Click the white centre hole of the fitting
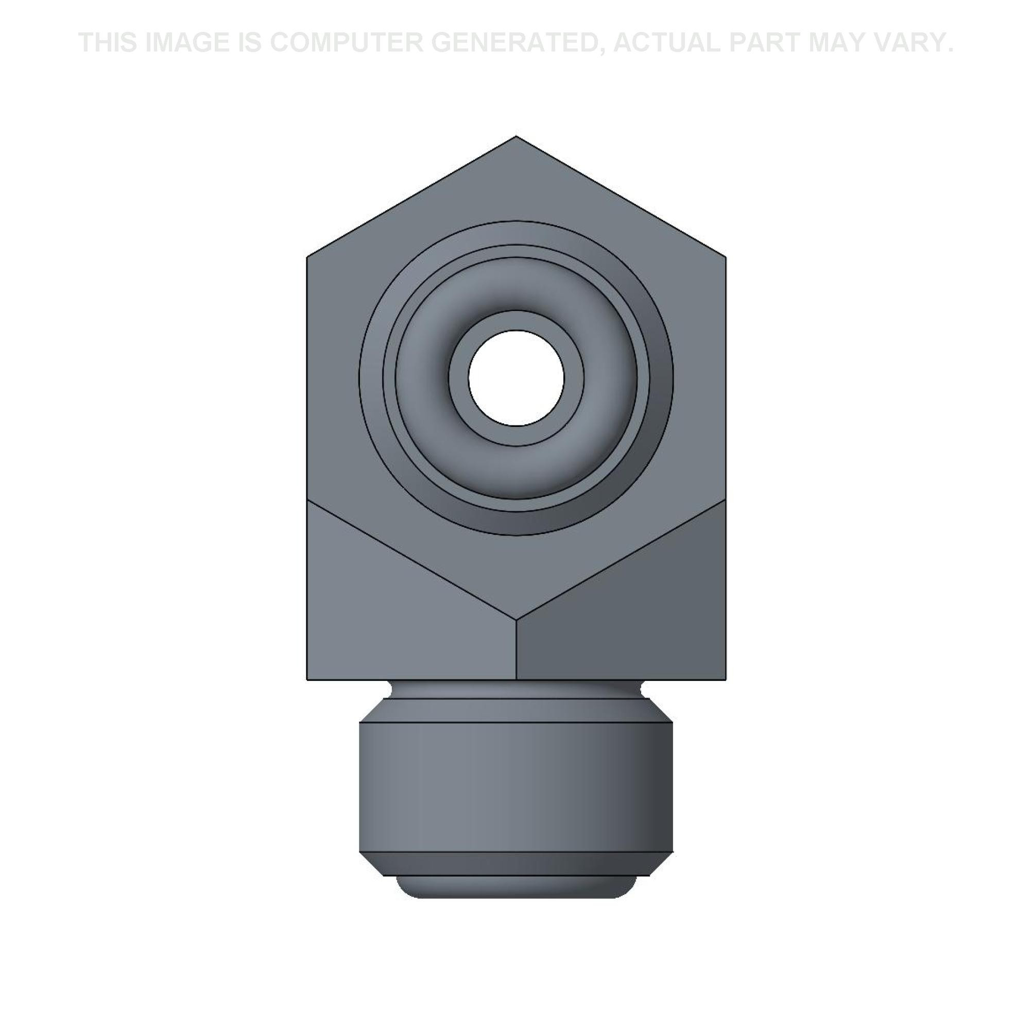(516, 378)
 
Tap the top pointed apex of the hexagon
(516, 136)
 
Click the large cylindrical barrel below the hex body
(516, 786)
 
